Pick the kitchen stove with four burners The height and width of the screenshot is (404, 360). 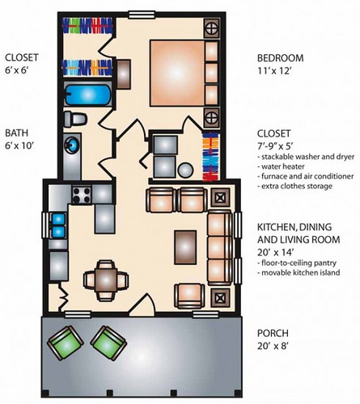click(x=82, y=195)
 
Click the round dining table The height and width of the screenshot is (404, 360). click(x=104, y=280)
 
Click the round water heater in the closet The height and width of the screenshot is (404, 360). click(x=186, y=170)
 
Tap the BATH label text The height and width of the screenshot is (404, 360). click(x=19, y=133)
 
